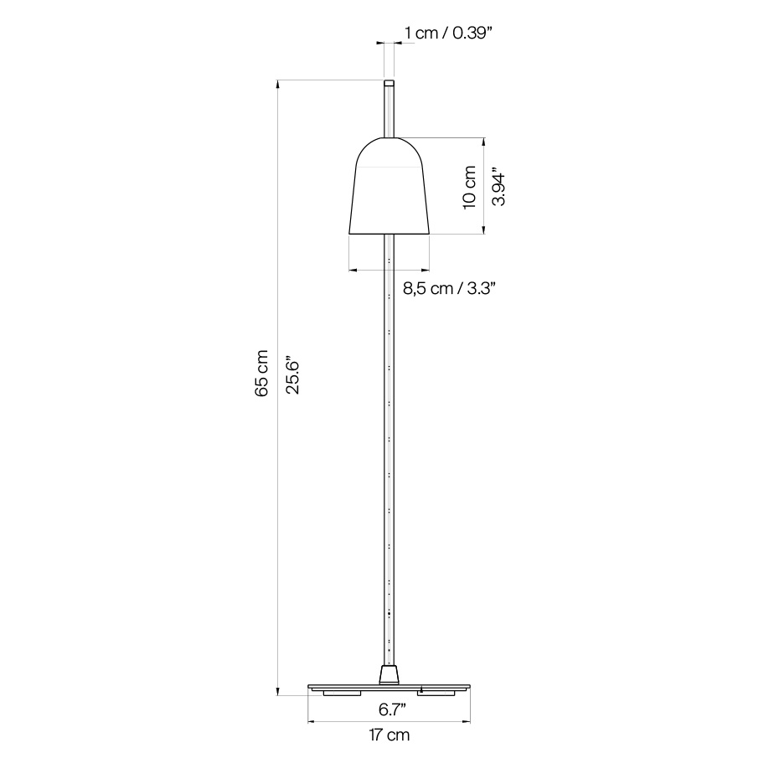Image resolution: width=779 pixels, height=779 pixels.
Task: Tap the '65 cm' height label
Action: coord(262,374)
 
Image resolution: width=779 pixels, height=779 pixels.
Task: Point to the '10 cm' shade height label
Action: coord(469,186)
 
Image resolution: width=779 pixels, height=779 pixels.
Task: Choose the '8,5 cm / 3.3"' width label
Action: coord(450,288)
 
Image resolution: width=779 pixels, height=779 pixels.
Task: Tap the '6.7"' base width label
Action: coord(392,709)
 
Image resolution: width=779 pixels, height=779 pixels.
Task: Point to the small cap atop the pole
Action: coord(389,83)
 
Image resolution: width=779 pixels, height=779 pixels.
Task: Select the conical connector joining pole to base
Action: coord(389,674)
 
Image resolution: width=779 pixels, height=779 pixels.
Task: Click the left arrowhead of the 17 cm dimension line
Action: coord(311,721)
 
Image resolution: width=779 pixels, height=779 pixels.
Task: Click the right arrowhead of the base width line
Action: coord(467,721)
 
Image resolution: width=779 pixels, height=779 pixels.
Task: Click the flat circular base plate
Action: coord(389,687)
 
